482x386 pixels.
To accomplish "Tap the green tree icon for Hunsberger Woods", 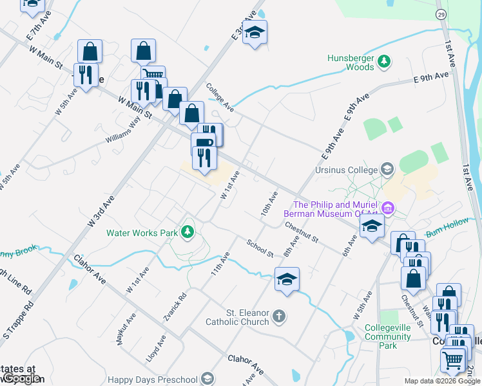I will pos(385,61).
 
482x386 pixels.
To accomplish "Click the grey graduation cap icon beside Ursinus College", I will pos(387,170).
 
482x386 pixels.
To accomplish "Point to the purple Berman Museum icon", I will pos(388,208).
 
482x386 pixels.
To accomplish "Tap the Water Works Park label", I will pos(142,232).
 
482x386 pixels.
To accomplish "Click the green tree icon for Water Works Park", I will pos(188,231).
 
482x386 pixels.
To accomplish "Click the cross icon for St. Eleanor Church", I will pos(278,316).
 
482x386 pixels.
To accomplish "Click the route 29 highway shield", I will pos(441,14).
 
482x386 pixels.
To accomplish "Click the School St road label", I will pos(260,248).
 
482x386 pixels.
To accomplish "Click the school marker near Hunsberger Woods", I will pos(255,33).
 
